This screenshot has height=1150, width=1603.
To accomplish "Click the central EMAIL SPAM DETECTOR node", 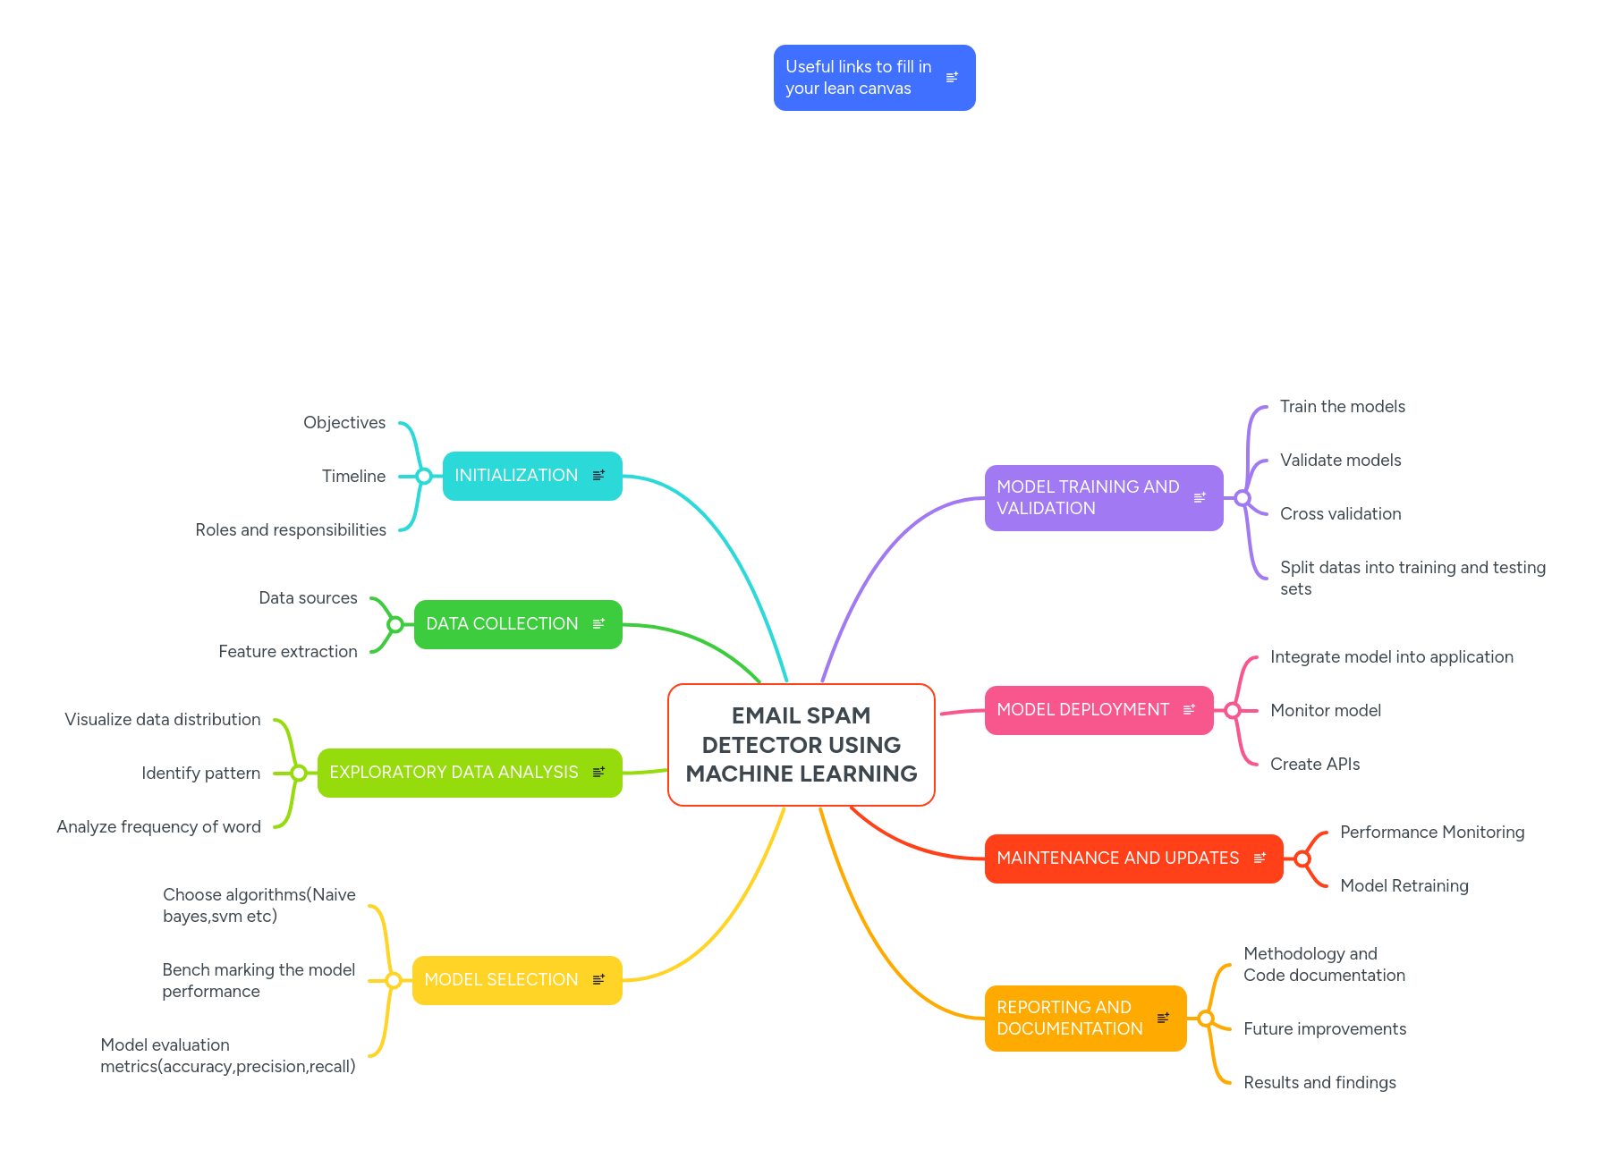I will point(801,744).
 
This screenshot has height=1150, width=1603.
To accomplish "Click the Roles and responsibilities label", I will point(291,530).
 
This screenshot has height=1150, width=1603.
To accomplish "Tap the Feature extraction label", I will point(288,652).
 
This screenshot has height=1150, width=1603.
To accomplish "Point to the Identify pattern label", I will point(201,774).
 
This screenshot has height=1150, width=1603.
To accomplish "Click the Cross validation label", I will point(1340,514).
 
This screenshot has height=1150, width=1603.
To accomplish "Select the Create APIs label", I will point(1315,765).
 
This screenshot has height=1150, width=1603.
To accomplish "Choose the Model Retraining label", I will point(1404,886).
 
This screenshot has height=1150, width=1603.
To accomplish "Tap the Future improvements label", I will point(1325,1029).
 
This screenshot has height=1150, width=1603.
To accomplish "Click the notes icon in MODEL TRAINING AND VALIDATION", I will point(1200,497).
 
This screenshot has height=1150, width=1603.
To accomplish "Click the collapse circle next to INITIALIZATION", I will point(424,476).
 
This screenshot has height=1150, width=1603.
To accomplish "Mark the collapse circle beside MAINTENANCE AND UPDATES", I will point(1302,858).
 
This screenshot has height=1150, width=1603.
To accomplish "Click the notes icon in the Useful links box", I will point(952,78).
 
